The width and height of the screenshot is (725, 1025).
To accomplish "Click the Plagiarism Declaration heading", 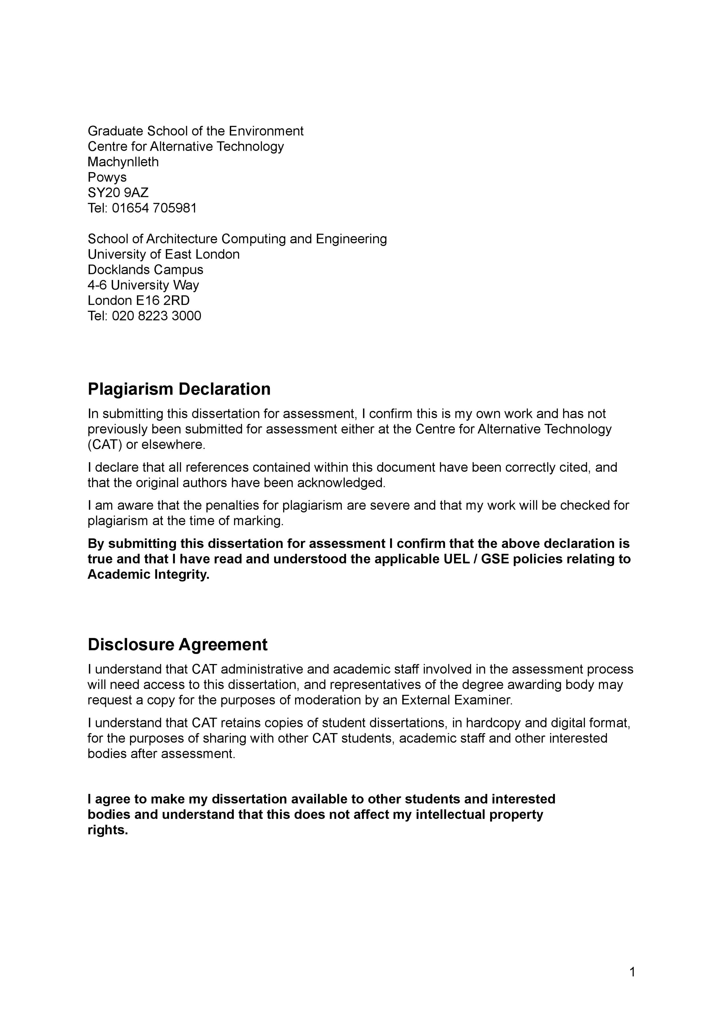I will point(179,389).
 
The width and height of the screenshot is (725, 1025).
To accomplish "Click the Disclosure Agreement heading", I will point(177,644).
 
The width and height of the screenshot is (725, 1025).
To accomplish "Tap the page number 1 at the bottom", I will point(632,972).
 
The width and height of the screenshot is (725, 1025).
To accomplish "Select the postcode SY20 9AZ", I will point(118,193).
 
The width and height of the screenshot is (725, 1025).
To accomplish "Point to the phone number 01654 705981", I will point(154,208).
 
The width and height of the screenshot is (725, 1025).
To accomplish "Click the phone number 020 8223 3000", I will point(156,316).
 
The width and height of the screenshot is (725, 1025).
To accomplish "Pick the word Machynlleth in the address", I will point(123,162).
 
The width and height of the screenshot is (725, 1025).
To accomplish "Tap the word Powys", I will point(107,177).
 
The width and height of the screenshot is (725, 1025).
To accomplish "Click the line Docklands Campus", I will point(145,270).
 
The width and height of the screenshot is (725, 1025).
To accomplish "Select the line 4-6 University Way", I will point(143,285).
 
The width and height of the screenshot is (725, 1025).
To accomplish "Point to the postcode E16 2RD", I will point(163,300).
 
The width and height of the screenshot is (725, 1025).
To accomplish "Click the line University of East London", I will point(163,254).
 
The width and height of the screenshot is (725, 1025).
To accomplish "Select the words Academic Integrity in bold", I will point(148,574).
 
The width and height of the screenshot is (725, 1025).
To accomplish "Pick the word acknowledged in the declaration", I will point(341,483).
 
